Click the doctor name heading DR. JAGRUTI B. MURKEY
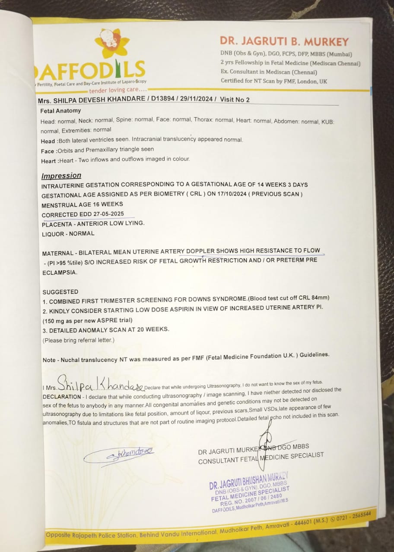(284, 41)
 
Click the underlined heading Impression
(61, 176)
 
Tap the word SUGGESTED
(60, 292)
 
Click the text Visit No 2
(235, 100)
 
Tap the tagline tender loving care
(117, 90)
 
